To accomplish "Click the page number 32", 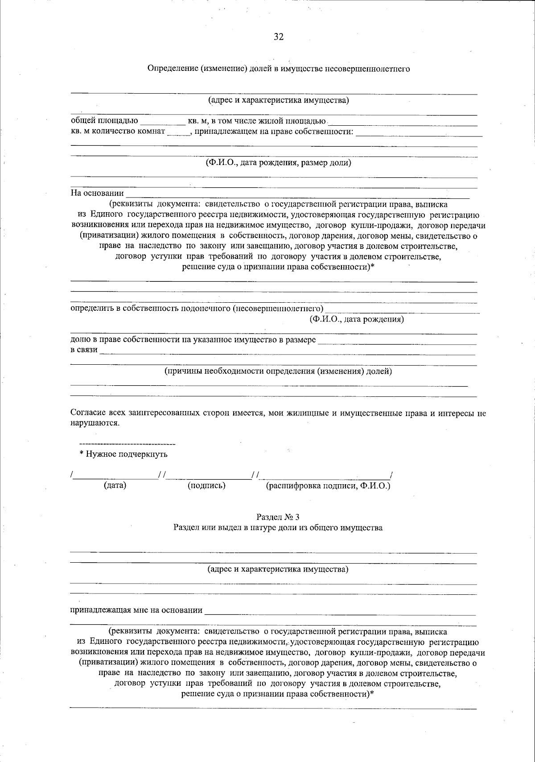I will [x=279, y=37].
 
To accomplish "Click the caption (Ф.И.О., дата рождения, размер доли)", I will [x=278, y=163].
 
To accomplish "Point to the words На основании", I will [x=97, y=193].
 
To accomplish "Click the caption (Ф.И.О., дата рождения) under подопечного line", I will [x=357, y=319].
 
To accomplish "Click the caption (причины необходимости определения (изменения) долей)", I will [x=278, y=371].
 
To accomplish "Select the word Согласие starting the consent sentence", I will [x=88, y=413].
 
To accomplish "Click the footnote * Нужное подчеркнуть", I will [x=123, y=454].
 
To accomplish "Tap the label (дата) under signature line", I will [x=115, y=485].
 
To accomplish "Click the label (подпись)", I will [x=206, y=485].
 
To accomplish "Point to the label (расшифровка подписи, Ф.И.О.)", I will [x=328, y=485].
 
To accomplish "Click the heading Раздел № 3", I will [x=278, y=517].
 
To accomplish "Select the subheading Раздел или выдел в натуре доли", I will [x=278, y=527].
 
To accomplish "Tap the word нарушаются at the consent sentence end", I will [x=95, y=423].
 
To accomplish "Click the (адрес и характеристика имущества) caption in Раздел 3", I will [x=278, y=569].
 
